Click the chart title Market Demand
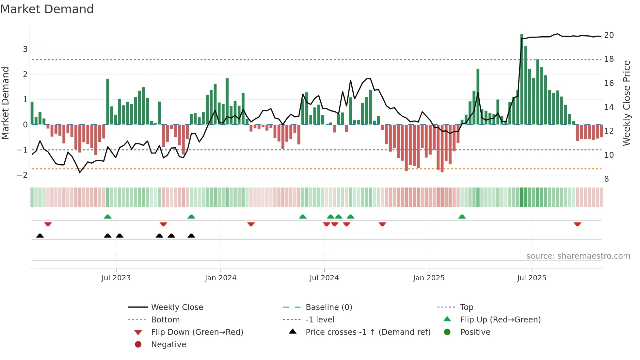(47, 9)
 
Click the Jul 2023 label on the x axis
(116, 278)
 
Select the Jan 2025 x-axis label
(428, 278)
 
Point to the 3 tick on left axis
(25, 49)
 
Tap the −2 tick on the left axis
(23, 175)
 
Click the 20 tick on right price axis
(609, 35)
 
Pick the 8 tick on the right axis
(606, 179)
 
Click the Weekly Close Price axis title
(626, 103)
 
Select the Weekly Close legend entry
(177, 307)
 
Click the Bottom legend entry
(165, 320)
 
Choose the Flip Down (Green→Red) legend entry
(197, 332)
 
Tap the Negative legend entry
(168, 345)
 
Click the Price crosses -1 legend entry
(368, 332)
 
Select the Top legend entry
(466, 307)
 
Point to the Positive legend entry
(475, 332)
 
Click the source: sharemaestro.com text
(578, 256)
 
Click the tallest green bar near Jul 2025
(522, 78)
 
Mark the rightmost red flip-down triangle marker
(577, 224)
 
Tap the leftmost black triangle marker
(40, 236)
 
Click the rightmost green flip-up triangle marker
(462, 217)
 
